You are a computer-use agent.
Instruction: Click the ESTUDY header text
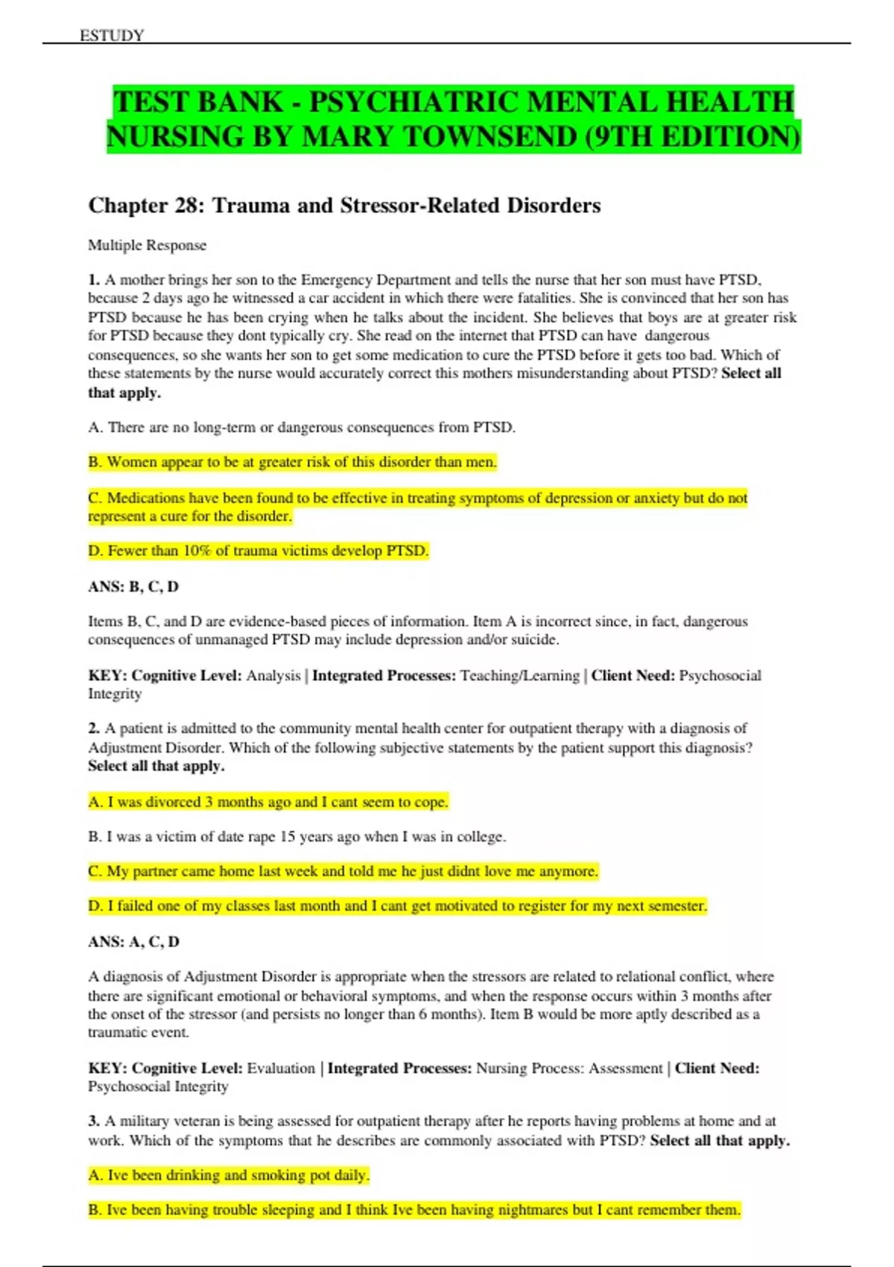point(112,35)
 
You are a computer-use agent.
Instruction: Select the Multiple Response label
point(147,245)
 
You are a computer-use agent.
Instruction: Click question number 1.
point(93,280)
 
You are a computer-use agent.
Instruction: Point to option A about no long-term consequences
point(302,427)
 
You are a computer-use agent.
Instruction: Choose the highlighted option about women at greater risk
point(292,462)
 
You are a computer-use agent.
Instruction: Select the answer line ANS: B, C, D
point(133,587)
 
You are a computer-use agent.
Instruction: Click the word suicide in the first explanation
point(535,639)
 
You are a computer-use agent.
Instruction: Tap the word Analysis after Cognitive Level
point(273,675)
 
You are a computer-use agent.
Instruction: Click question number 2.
point(93,728)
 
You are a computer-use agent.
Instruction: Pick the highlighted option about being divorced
point(268,802)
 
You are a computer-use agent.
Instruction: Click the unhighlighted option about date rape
point(297,836)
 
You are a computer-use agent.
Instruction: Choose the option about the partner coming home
point(343,871)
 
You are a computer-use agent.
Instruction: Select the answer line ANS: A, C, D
point(133,941)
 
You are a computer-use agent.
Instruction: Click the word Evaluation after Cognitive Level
point(281,1068)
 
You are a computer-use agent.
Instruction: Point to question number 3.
point(93,1121)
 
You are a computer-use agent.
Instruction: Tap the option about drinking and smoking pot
point(229,1175)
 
